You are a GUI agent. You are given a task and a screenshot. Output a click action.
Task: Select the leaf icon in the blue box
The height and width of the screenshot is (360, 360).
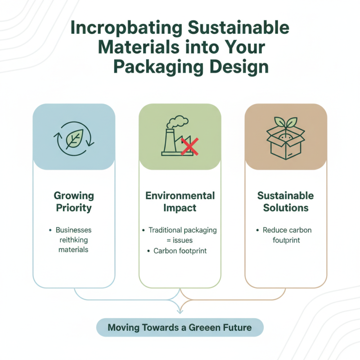click(x=74, y=139)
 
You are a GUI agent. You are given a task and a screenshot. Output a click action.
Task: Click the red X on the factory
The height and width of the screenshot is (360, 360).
click(x=190, y=147)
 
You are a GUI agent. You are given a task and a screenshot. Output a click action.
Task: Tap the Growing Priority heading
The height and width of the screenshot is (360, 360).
click(x=74, y=202)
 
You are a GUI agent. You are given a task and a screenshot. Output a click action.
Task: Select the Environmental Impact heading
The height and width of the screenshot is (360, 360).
click(x=180, y=202)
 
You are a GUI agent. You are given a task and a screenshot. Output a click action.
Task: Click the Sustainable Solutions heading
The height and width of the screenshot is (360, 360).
click(x=286, y=202)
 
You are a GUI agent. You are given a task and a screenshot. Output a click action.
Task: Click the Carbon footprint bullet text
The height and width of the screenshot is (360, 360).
click(x=180, y=251)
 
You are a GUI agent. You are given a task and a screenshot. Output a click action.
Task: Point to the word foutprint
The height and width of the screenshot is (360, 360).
click(x=286, y=240)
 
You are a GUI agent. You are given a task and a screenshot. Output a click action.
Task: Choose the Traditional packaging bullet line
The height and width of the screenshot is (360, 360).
click(x=182, y=230)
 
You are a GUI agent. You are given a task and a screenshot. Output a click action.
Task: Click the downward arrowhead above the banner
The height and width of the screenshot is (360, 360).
click(x=180, y=310)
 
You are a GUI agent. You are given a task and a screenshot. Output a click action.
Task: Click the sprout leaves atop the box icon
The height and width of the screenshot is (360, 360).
click(x=286, y=123)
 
